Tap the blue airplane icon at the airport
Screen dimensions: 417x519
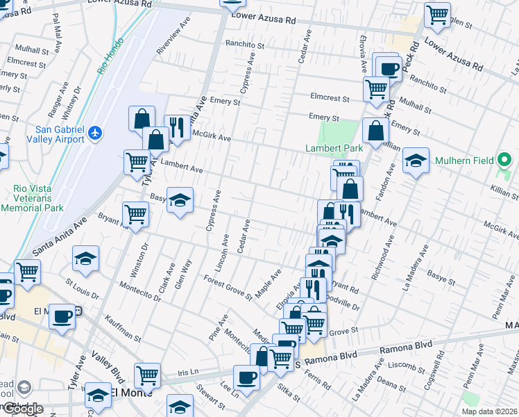[x=96, y=133]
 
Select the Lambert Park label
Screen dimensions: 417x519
[x=334, y=149]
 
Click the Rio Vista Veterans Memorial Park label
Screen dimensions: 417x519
[x=38, y=197]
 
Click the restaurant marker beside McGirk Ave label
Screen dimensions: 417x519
[x=177, y=127]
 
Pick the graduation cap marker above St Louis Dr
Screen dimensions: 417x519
[x=86, y=259]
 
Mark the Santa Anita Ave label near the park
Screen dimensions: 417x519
[x=60, y=233]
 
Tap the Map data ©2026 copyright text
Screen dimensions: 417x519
[x=490, y=411]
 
